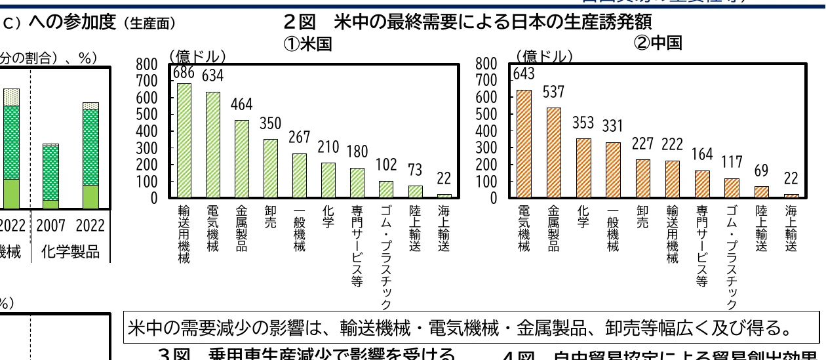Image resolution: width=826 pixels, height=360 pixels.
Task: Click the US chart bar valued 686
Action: [x=185, y=140]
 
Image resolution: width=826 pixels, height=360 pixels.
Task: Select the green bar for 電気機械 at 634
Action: [x=214, y=144]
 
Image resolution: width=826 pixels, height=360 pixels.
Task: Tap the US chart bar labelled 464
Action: [x=242, y=159]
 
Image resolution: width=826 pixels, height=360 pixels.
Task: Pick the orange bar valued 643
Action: [x=524, y=144]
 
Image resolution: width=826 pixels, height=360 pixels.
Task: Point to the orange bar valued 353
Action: [x=582, y=168]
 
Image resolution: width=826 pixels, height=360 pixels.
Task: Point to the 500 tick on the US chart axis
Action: [x=146, y=114]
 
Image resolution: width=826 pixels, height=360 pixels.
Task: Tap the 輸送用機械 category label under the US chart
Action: [x=184, y=234]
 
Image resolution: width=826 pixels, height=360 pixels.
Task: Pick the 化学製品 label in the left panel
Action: [x=70, y=252]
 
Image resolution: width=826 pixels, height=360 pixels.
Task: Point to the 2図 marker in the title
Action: [x=302, y=22]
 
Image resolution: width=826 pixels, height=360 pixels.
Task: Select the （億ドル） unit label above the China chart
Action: [x=545, y=56]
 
